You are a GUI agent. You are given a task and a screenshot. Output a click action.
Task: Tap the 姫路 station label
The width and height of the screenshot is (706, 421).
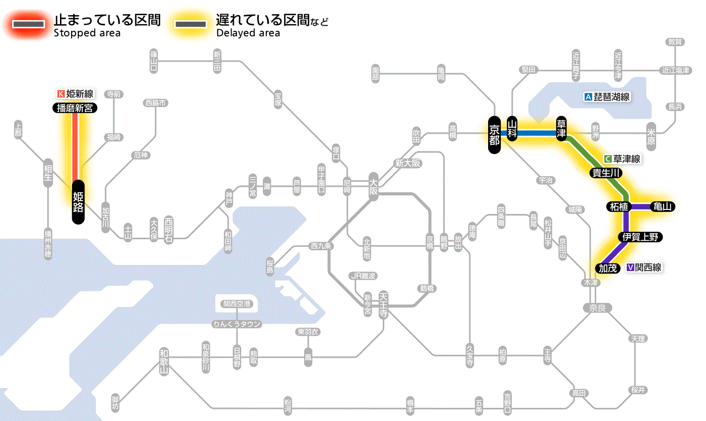click(x=78, y=201)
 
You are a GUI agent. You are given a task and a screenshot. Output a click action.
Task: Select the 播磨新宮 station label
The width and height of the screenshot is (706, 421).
click(x=75, y=108)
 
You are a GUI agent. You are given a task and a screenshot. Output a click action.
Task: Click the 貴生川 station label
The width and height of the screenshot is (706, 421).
click(x=606, y=173)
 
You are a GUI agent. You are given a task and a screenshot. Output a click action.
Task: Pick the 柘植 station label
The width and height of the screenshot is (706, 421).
click(x=618, y=206)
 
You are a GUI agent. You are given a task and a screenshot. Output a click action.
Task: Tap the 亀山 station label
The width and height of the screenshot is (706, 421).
click(x=663, y=206)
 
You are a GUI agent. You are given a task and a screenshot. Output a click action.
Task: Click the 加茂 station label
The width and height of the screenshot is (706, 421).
click(x=608, y=268)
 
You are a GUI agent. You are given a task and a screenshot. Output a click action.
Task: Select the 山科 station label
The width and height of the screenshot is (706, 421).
click(x=512, y=130)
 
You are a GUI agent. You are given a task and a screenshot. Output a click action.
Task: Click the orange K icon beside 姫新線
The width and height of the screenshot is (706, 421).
click(x=61, y=93)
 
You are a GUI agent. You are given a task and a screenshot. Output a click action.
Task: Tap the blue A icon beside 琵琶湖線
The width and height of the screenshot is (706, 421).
click(x=587, y=97)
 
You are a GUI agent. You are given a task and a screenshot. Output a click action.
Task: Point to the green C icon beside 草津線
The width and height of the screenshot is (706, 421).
click(x=608, y=159)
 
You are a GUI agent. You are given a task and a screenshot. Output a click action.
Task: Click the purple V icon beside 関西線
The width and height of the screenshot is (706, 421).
click(x=630, y=268)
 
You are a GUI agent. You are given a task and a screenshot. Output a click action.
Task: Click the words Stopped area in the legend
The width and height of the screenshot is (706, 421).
click(x=87, y=33)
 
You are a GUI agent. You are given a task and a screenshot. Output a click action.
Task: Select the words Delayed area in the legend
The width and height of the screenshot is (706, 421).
click(x=248, y=33)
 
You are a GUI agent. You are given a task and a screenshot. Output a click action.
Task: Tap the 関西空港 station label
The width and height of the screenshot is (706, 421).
click(x=237, y=304)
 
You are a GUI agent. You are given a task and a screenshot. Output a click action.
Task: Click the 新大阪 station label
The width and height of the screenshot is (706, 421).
click(x=407, y=164)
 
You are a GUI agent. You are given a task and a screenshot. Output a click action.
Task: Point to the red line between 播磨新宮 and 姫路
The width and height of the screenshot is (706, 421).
click(x=75, y=146)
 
